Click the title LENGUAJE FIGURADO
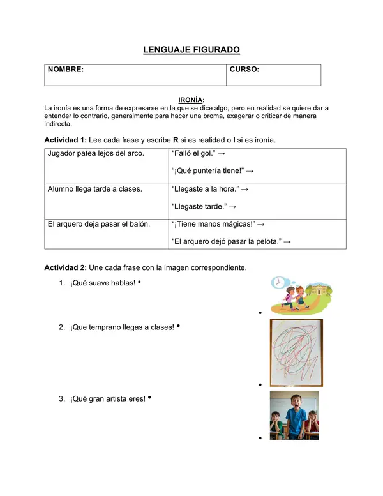click(191, 50)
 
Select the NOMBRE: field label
click(65, 70)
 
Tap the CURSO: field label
click(244, 70)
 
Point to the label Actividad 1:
click(65, 140)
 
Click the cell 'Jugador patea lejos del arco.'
click(96, 153)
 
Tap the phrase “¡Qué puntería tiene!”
click(207, 171)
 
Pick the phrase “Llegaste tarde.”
click(199, 207)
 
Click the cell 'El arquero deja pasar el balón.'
click(98, 224)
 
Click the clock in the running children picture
click(278, 283)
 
